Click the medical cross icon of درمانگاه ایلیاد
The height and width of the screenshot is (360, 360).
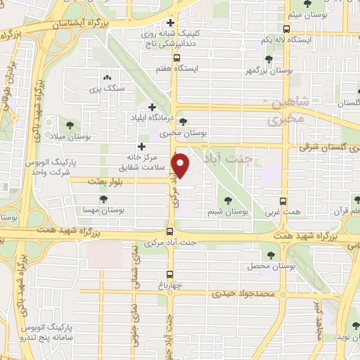point(152,107)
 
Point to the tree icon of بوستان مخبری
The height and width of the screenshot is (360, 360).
point(184,121)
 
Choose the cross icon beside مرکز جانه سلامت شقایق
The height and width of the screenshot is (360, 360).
point(142,147)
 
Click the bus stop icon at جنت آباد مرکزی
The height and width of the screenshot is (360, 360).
point(169,231)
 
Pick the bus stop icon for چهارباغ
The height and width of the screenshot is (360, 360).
point(169,274)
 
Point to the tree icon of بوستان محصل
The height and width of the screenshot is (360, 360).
point(271,255)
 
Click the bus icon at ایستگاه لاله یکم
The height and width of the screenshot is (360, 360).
point(285,29)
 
